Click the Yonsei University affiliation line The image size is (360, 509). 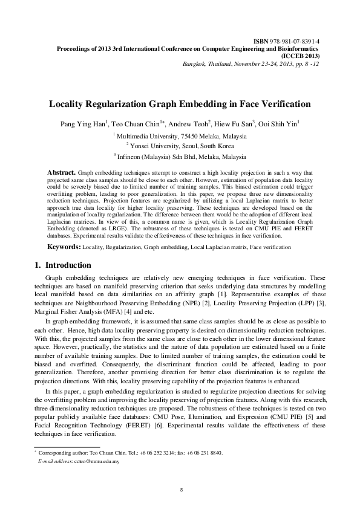coord(181,146)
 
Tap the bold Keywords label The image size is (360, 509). coord(64,248)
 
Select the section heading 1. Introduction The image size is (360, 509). coord(61,265)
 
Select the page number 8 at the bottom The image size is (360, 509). coord(181,489)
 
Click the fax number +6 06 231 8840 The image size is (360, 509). coord(206,452)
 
